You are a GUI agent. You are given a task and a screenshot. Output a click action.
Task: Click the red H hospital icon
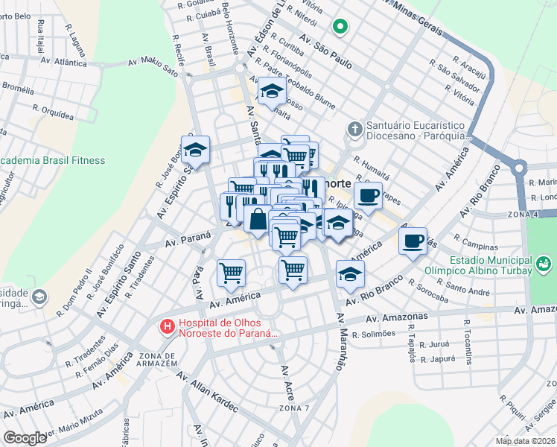(x=169, y=326)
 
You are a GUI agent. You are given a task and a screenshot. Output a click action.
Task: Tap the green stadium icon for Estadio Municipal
(x=544, y=264)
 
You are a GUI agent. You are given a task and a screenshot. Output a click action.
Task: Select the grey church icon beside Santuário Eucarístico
(x=355, y=130)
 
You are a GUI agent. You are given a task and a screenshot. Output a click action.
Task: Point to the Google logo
(x=25, y=438)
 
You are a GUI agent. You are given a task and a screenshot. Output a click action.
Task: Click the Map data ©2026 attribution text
(x=526, y=441)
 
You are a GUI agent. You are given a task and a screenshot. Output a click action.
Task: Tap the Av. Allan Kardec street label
(x=206, y=391)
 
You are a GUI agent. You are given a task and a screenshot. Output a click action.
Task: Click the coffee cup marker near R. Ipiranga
(x=368, y=197)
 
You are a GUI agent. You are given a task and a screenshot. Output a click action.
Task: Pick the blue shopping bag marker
(x=258, y=220)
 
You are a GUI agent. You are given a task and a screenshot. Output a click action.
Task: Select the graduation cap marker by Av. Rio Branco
(x=350, y=274)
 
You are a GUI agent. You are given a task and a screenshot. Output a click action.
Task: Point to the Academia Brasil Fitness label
(x=52, y=160)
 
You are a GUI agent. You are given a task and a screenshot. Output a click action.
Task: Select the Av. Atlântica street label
(x=65, y=63)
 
